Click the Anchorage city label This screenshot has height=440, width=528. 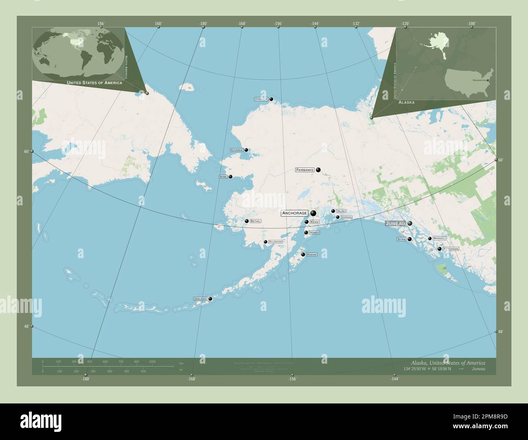click(295, 213)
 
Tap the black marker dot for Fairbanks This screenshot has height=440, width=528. click(318, 170)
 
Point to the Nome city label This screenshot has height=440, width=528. click(223, 177)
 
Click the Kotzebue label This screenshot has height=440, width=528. click(236, 150)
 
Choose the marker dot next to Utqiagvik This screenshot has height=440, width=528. click(271, 99)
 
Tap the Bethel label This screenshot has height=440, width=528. click(255, 221)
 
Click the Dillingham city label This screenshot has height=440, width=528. click(275, 242)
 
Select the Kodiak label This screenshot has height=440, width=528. click(312, 255)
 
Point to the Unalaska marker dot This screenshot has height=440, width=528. click(210, 299)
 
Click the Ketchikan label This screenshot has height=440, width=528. click(451, 248)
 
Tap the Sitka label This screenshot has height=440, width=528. click(401, 239)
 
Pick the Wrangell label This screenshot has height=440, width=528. click(439, 238)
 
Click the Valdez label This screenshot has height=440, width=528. click(341, 211)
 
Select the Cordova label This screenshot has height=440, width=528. click(346, 217)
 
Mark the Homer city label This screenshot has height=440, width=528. click(314, 233)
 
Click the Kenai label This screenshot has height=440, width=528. click(314, 222)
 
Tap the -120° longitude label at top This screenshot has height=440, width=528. click(405, 24)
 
